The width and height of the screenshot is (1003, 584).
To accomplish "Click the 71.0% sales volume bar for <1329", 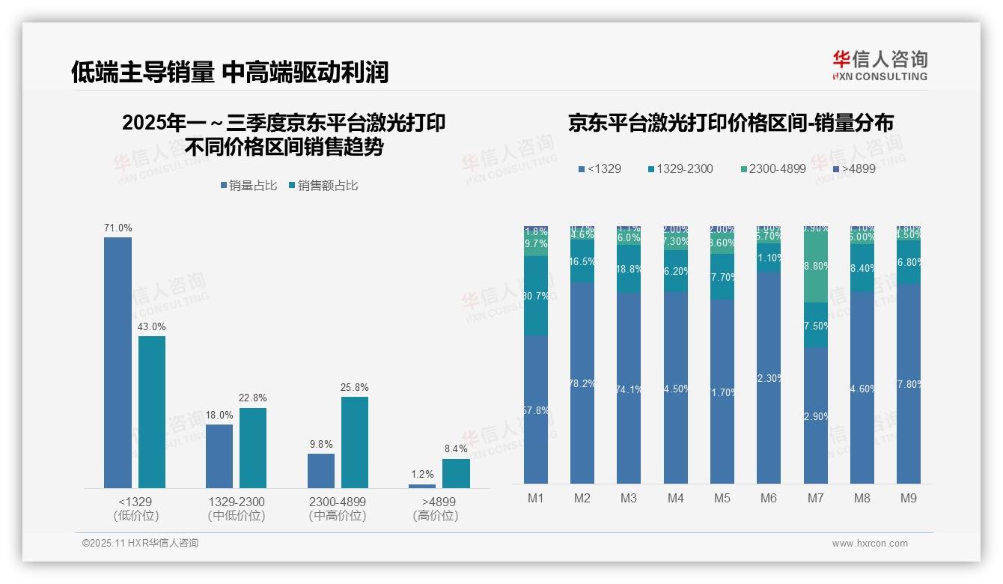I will (x=118, y=362).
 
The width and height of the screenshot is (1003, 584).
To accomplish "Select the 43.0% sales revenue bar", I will (x=152, y=412).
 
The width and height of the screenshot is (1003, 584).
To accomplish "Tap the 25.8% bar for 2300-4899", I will (x=355, y=442).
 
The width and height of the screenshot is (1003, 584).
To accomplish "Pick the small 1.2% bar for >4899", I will (x=422, y=486).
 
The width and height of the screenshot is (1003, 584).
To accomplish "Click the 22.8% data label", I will (x=253, y=398).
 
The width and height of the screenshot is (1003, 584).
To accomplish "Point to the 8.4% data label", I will (x=455, y=448).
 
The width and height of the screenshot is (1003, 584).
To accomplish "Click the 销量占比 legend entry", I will (x=248, y=186).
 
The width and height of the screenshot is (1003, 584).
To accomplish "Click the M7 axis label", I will (x=816, y=498).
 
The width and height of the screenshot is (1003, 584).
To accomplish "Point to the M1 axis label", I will (x=536, y=498).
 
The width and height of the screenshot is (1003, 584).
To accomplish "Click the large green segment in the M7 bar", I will (x=816, y=266).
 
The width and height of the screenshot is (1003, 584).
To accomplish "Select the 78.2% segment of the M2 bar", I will (x=582, y=383).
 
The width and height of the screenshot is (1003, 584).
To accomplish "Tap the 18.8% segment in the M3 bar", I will (x=629, y=269).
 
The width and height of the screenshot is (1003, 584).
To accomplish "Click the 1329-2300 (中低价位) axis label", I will (x=237, y=508).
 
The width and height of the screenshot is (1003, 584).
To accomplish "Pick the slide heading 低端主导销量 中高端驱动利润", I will (x=230, y=72).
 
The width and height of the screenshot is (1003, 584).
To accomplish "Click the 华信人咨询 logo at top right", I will (x=879, y=65).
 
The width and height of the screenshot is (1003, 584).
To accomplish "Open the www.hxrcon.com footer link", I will (x=870, y=544).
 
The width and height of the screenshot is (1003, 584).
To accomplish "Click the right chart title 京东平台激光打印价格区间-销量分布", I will (x=731, y=124).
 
